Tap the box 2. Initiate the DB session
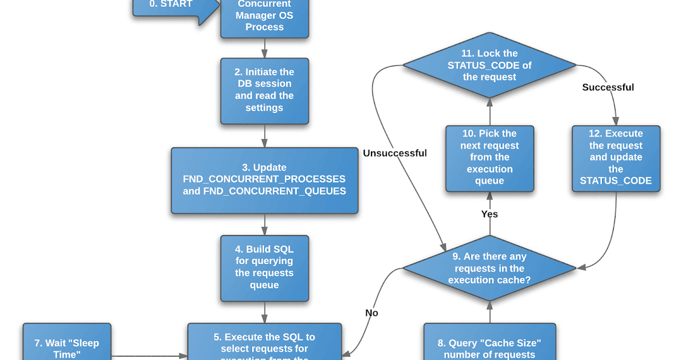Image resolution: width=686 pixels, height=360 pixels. point(264,90)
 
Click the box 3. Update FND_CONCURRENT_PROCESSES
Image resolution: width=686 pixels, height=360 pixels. point(264,180)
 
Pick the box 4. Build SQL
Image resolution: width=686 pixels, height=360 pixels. point(264,267)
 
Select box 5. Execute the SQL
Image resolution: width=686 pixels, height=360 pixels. point(264,342)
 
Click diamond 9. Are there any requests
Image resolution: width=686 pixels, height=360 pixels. point(489,268)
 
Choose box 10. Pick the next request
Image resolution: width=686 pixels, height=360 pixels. point(489,158)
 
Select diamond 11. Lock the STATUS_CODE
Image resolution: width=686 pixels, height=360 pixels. point(489,65)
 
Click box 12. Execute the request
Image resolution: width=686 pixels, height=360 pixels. point(616,158)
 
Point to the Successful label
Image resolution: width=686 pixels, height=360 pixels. point(608,87)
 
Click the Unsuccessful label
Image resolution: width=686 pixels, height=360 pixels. point(394,153)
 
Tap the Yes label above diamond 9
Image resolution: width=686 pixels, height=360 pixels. point(489,214)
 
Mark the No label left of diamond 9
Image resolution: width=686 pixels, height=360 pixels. point(372,313)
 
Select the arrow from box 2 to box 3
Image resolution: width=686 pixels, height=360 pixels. point(264,136)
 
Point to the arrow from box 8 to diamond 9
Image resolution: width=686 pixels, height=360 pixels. point(489,311)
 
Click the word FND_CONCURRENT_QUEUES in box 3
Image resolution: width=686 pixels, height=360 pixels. point(274,191)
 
